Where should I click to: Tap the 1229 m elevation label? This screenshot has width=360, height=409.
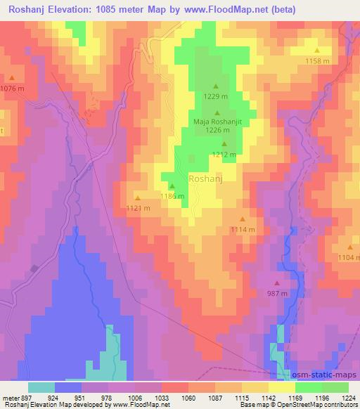215,97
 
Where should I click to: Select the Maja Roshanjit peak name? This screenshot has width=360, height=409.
217,121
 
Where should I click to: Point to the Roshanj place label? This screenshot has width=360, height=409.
207,179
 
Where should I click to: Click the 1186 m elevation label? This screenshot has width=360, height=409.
172,196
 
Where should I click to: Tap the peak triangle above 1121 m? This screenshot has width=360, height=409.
137,197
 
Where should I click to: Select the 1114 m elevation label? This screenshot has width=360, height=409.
243,230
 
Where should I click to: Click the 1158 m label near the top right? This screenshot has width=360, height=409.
317,61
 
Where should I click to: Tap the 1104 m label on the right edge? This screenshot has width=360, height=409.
349,258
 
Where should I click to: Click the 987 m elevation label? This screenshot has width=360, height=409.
277,293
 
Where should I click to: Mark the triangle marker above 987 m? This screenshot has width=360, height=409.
276,283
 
